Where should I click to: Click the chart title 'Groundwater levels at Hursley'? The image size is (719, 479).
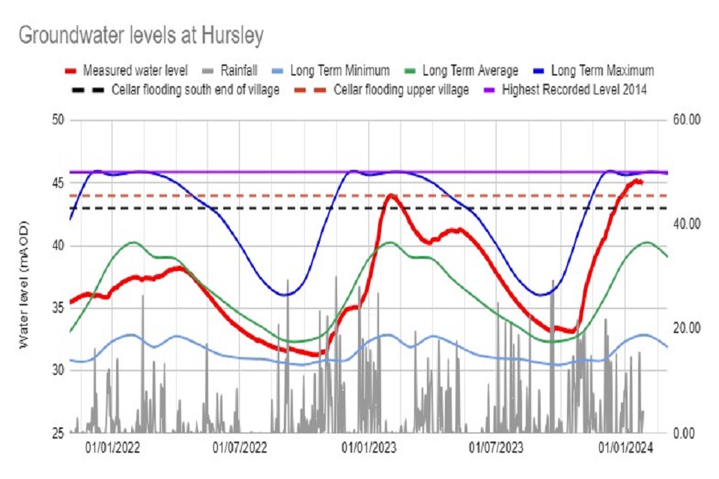coord(140,35)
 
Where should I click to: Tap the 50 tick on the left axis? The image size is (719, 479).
coord(58,120)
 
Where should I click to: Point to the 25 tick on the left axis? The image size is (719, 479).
coord(58,433)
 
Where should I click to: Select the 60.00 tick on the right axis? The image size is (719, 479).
coord(686,120)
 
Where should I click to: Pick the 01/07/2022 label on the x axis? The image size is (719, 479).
coord(240,448)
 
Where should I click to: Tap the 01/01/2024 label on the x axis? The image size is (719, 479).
coord(626,448)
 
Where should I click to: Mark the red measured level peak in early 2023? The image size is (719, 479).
coord(390,196)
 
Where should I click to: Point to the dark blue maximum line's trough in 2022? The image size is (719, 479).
coord(285,294)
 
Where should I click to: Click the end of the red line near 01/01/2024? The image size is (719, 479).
coord(641,182)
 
